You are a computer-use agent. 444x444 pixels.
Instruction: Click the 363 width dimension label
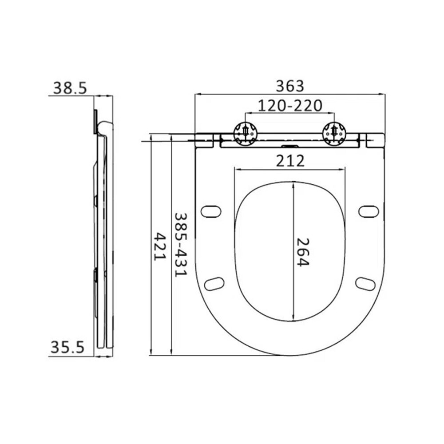tap(289, 86)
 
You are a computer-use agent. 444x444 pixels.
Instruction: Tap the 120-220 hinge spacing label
tap(290, 106)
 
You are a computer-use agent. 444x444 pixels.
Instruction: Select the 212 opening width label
tap(290, 161)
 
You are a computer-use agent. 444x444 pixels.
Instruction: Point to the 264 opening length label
tap(303, 252)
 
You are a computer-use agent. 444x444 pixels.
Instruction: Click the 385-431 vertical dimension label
tap(180, 245)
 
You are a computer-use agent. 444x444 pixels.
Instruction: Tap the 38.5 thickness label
tap(70, 88)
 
